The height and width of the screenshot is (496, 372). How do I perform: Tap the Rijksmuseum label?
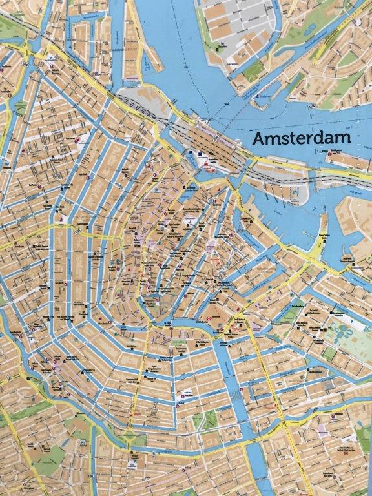[138, 413]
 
